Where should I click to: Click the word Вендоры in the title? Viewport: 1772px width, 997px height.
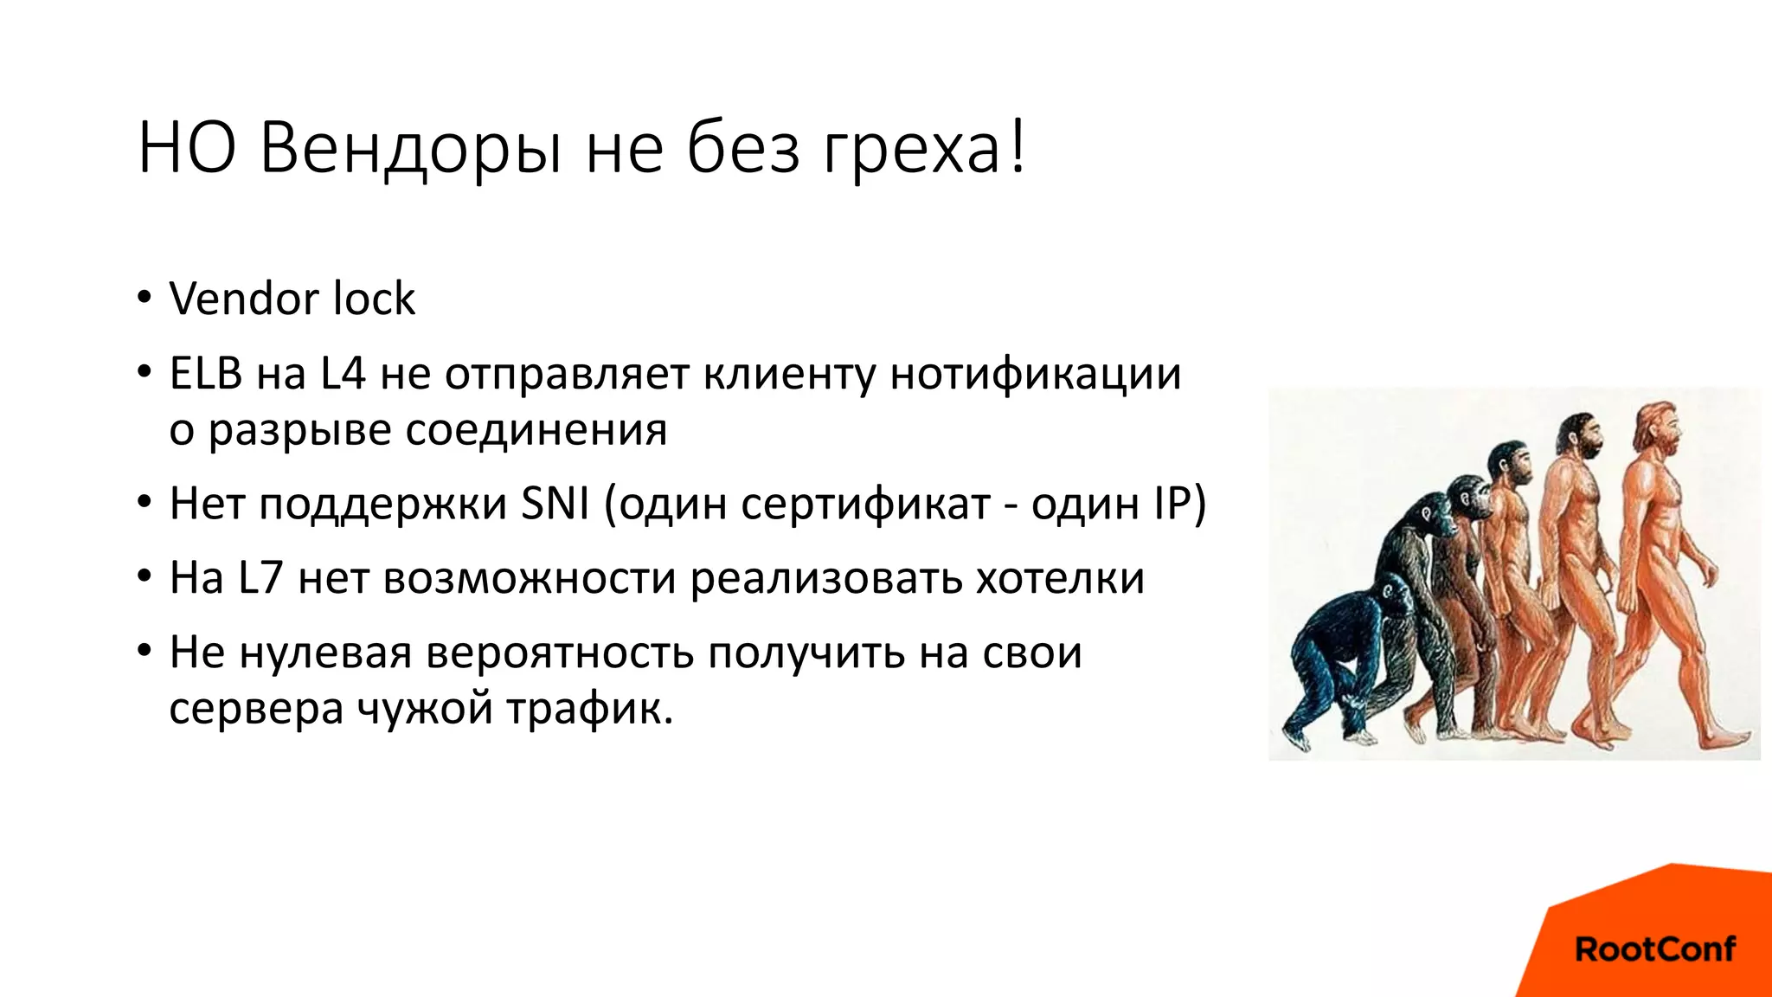pos(410,149)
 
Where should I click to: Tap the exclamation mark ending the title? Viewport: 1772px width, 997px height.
pos(1018,147)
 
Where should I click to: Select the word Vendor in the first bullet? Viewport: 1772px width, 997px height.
pos(245,299)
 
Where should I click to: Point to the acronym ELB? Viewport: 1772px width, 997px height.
pos(206,374)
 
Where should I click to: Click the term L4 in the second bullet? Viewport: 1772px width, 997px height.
pos(343,374)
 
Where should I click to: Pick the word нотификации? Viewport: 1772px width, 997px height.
pos(1035,374)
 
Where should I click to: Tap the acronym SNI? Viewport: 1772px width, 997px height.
pos(555,503)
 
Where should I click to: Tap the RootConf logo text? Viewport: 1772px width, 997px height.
pos(1654,949)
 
